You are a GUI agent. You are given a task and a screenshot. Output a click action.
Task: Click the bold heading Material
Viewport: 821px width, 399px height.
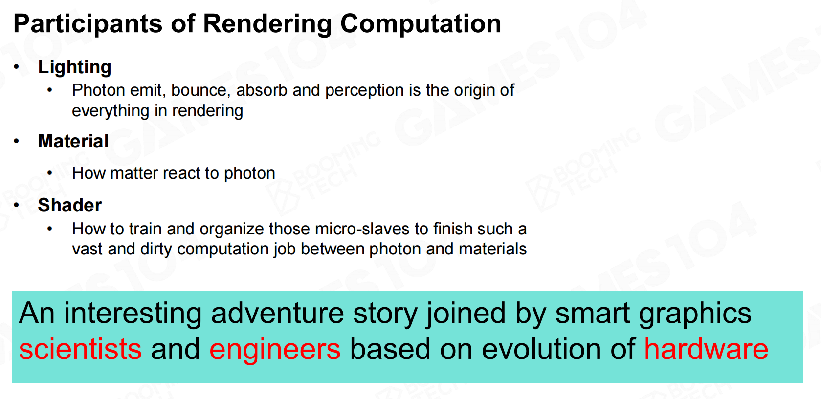(73, 141)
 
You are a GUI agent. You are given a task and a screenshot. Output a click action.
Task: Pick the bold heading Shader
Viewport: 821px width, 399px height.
(70, 205)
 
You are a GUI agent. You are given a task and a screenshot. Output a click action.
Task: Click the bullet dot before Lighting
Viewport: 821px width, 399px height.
(16, 67)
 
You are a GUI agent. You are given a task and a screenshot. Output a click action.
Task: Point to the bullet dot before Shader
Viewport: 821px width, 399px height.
(16, 205)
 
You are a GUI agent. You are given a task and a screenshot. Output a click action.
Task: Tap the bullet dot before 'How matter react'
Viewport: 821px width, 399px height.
(50, 173)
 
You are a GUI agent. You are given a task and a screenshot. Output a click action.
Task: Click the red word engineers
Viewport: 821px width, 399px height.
(275, 350)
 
